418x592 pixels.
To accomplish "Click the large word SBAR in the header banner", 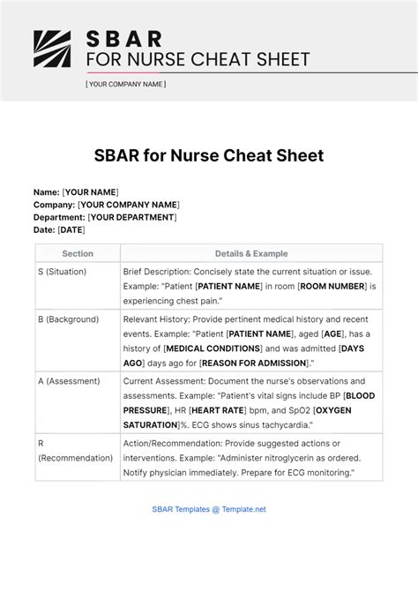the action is click(123, 39).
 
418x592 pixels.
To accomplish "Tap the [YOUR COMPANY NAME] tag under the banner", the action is click(125, 85).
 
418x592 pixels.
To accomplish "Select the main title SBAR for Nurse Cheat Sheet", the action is click(209, 156).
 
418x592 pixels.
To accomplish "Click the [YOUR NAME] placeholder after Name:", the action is click(90, 192).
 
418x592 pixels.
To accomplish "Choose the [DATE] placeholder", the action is click(71, 229).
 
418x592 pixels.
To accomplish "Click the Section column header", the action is click(78, 253).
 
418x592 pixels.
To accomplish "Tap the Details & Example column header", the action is click(251, 253).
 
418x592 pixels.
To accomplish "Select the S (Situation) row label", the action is click(63, 272).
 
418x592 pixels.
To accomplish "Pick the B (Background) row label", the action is click(69, 319).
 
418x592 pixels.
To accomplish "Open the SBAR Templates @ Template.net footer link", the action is click(209, 509).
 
